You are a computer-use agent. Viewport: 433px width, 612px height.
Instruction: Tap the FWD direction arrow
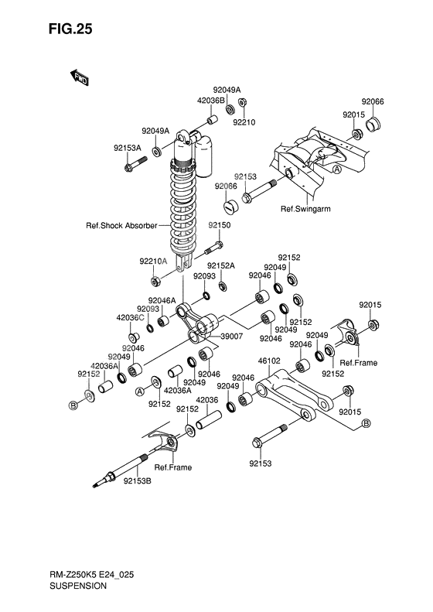(x=80, y=77)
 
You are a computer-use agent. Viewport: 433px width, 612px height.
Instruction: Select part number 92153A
(x=127, y=146)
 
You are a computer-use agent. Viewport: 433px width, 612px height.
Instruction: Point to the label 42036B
(x=189, y=101)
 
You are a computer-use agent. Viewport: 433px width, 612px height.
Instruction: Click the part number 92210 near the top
(x=244, y=121)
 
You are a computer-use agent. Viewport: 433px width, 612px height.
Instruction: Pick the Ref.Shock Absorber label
(x=121, y=226)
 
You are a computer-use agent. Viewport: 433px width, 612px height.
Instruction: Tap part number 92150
(x=219, y=225)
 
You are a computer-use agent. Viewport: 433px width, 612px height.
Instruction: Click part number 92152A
(x=220, y=265)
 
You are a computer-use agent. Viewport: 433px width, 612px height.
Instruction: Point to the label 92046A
(x=162, y=300)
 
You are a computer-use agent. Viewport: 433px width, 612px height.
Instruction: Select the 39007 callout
(x=232, y=337)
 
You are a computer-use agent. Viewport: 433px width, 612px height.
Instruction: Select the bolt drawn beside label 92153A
(x=135, y=162)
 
